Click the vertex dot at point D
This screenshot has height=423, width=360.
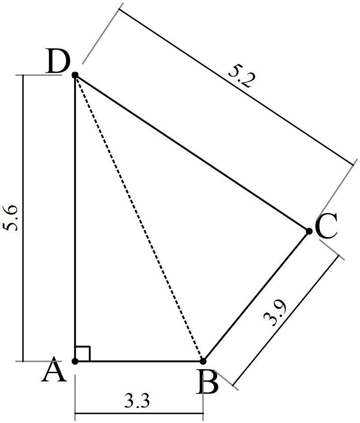tap(75, 75)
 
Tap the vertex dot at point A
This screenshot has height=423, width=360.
tap(75, 361)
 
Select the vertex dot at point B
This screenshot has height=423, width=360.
tap(203, 361)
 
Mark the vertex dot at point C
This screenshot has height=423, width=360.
tap(309, 231)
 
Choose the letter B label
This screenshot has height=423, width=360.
tap(208, 383)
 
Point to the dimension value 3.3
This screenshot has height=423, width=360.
tap(137, 401)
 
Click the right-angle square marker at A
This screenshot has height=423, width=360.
tap(82, 354)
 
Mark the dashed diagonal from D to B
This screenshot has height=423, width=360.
tap(139, 218)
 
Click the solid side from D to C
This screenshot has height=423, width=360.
tap(192, 153)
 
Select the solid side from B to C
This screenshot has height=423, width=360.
tap(256, 296)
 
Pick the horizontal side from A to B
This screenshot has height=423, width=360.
tap(139, 361)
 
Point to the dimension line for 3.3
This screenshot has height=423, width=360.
tap(110, 413)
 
